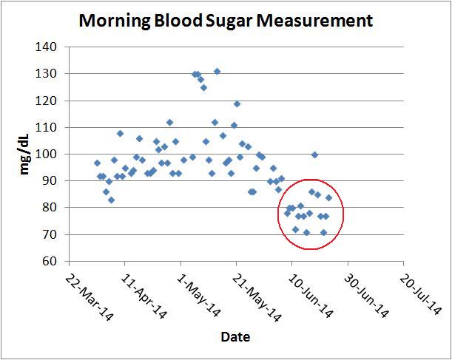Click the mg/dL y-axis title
pyautogui.click(x=25, y=154)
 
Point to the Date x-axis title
pyautogui.click(x=235, y=338)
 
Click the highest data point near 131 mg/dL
pyautogui.click(x=217, y=72)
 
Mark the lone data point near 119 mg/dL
pyautogui.click(x=237, y=104)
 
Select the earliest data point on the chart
pyautogui.click(x=97, y=163)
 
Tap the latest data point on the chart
pyautogui.click(x=328, y=197)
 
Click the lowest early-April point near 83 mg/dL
pyautogui.click(x=111, y=200)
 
